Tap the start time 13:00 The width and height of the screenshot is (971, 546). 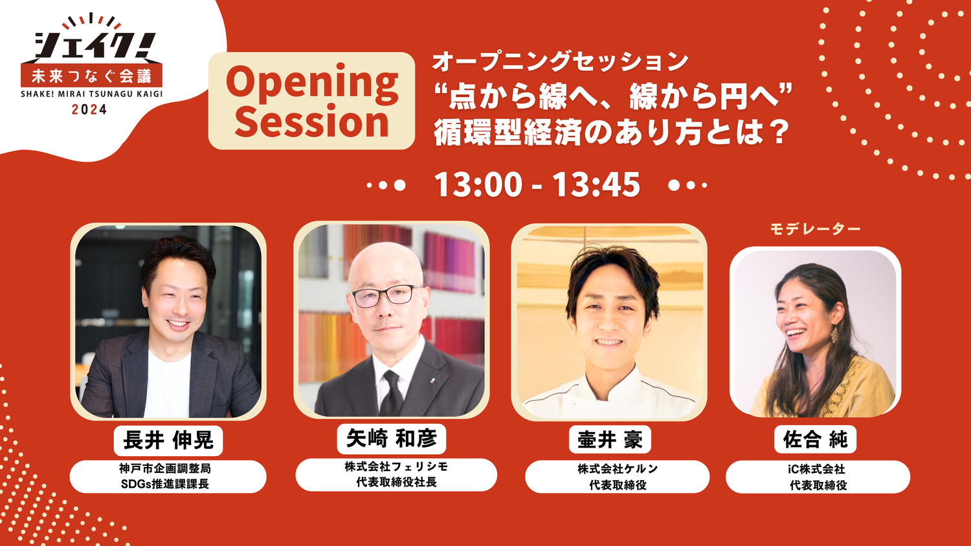tap(478, 184)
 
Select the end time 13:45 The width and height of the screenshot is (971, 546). tap(596, 184)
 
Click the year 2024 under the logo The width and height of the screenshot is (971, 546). tap(89, 109)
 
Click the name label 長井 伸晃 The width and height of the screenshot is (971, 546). tap(168, 441)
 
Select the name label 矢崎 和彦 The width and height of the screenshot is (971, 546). tap(392, 439)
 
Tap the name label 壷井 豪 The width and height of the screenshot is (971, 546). tap(610, 441)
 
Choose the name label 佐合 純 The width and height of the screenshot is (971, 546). tap(815, 439)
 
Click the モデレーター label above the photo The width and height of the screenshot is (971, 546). tap(815, 229)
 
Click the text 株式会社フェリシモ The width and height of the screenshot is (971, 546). tap(396, 466)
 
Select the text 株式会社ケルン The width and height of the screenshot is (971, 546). tap(618, 468)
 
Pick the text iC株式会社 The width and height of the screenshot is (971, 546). tap(817, 469)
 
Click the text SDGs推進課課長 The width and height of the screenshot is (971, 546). tap(164, 484)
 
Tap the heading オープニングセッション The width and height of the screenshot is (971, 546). tap(560, 61)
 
